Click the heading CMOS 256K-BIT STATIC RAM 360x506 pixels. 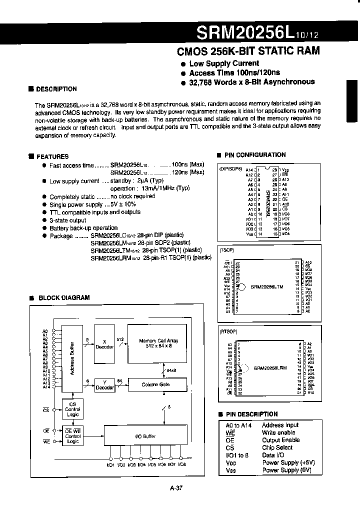248,51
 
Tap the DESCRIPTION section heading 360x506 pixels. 56,89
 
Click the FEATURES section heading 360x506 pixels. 52,156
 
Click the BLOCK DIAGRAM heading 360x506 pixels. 63,297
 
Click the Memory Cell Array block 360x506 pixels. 158,343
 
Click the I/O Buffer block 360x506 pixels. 145,436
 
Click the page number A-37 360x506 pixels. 177,489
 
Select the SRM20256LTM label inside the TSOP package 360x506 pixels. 267,287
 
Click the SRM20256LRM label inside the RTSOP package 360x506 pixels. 270,368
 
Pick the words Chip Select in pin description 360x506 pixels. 277,447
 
